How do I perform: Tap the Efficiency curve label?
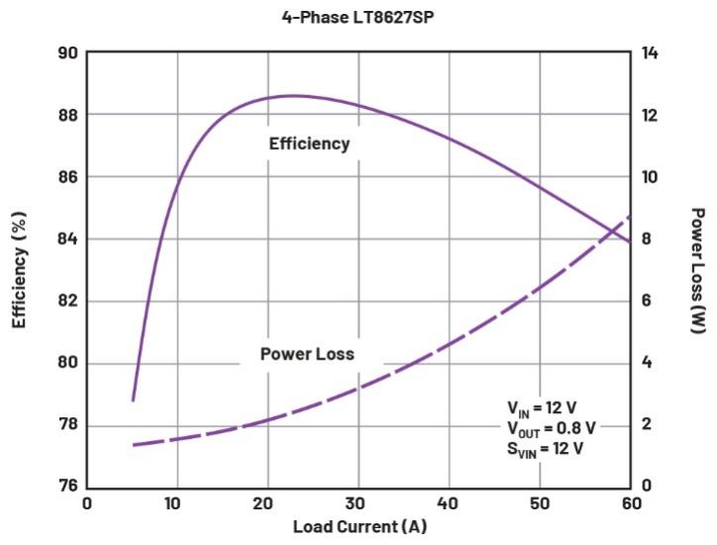point(309,144)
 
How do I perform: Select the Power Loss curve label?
point(307,354)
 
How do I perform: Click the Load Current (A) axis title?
point(359,526)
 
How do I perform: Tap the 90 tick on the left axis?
point(67,53)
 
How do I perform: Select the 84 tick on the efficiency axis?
point(67,239)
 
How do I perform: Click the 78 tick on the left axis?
point(67,426)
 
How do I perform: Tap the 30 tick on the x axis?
point(358,503)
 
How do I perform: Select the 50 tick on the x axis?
point(540,503)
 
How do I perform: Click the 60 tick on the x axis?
point(630,503)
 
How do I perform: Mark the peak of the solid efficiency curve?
point(292,95)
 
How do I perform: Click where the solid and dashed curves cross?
point(615,231)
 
